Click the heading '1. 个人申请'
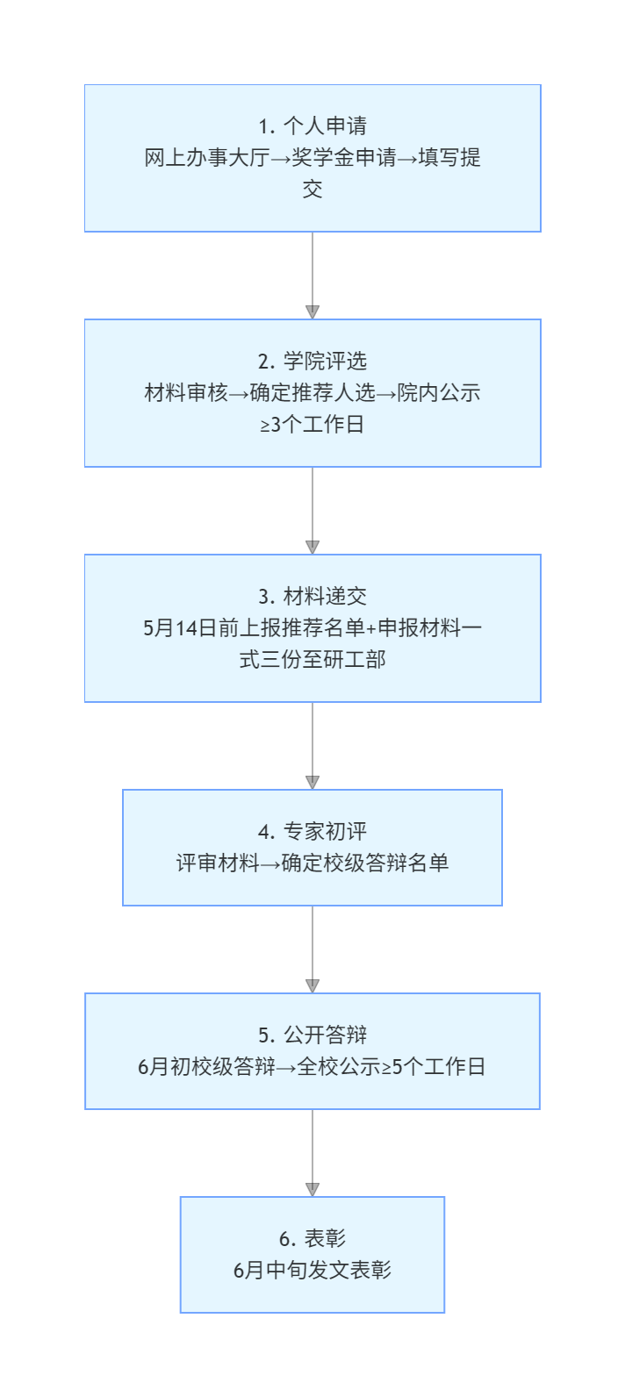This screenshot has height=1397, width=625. click(312, 126)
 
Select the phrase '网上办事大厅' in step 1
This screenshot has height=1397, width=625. click(207, 158)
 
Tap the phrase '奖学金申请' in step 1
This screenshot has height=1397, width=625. click(344, 158)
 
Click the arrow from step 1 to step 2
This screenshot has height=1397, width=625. click(312, 276)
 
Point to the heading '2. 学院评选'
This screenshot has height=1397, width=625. click(312, 362)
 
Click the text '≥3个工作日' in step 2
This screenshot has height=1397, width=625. click(312, 425)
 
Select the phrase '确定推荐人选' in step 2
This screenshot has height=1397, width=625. click(312, 393)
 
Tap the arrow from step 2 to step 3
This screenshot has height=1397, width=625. click(312, 511)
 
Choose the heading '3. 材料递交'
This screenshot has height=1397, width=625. click(312, 597)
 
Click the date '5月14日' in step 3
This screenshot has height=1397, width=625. click(180, 628)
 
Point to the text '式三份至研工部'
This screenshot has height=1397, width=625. click(312, 660)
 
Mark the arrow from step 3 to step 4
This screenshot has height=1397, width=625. click(312, 746)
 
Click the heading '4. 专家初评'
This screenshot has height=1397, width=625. click(312, 831)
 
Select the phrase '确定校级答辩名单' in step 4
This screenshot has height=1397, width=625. click(365, 863)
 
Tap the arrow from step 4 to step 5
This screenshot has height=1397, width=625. click(312, 949)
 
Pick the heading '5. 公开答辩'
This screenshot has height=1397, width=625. click(312, 1035)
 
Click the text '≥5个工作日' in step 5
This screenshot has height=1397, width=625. click(434, 1067)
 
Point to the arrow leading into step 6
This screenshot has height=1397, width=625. click(312, 1153)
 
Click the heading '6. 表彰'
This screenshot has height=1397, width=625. click(312, 1238)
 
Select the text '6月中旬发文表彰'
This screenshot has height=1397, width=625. click(312, 1271)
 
